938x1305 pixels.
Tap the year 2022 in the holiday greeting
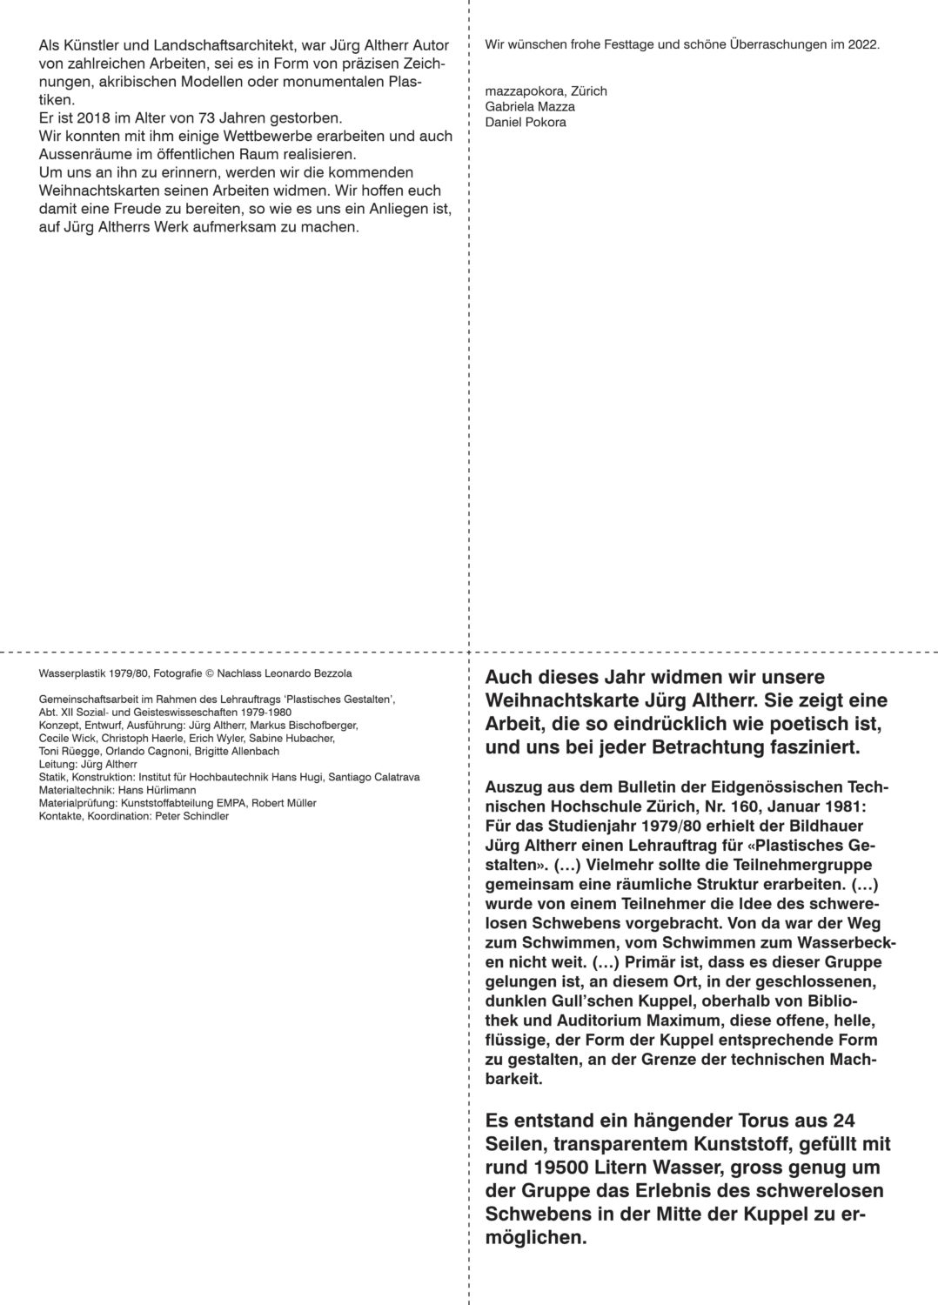(x=861, y=43)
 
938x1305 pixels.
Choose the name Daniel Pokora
(x=526, y=122)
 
